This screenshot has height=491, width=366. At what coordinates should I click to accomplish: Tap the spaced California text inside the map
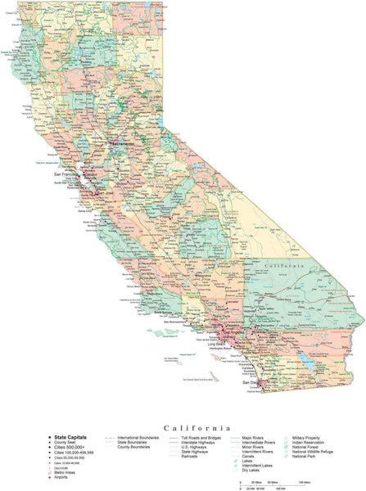point(288,266)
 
